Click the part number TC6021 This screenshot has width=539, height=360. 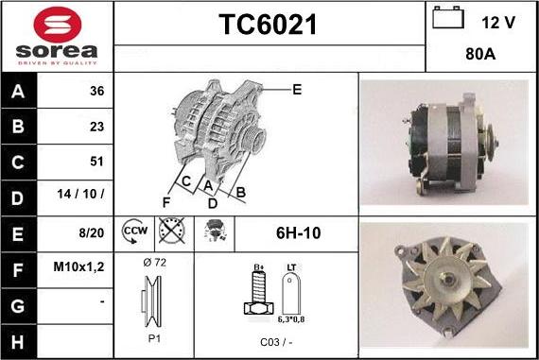pyautogui.click(x=269, y=26)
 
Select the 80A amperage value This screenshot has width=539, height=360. pyautogui.click(x=481, y=55)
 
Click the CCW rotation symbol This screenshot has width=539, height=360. pyautogui.click(x=133, y=230)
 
